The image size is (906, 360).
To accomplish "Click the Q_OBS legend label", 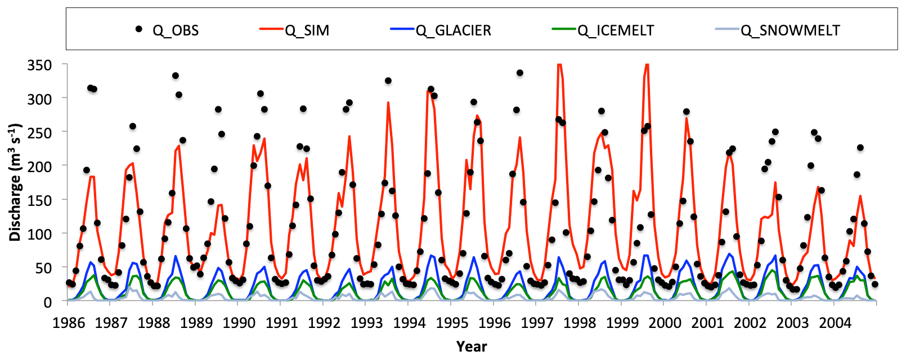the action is click(x=176, y=30).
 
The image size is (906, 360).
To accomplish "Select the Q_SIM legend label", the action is click(x=307, y=30).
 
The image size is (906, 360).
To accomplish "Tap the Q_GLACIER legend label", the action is click(x=454, y=30).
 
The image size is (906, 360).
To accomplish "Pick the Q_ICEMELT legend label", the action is click(x=616, y=30).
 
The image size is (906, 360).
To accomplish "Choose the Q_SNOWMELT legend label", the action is click(x=790, y=30).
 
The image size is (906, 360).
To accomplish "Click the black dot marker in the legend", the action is click(x=139, y=29).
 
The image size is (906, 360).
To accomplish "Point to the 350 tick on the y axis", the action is click(x=39, y=65).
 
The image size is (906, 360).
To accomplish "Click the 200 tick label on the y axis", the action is click(x=39, y=166).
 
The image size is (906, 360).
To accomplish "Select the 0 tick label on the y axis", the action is click(x=48, y=301).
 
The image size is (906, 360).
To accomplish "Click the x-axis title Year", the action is click(x=472, y=346).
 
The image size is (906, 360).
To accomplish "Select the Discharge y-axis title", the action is click(x=15, y=182).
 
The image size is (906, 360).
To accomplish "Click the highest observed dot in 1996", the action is click(x=520, y=73).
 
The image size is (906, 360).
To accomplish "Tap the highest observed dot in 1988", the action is click(x=176, y=75).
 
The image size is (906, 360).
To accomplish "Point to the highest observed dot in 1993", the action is click(x=388, y=80).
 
